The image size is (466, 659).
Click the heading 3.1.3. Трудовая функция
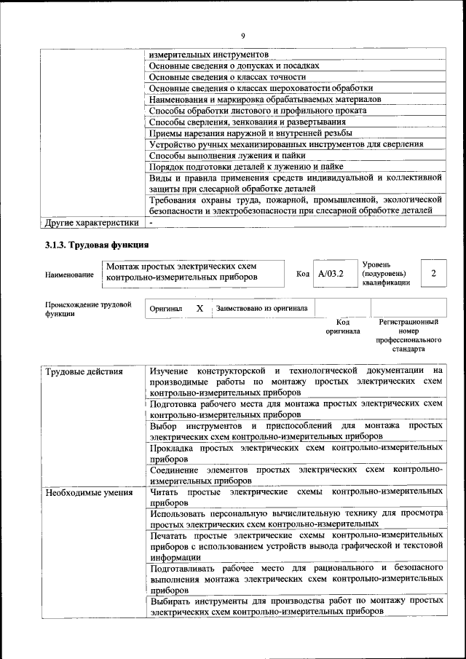[x=97, y=244]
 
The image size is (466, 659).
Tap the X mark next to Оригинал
[x=200, y=309]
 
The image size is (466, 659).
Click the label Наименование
[x=69, y=275]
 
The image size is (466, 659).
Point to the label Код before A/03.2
[x=303, y=274]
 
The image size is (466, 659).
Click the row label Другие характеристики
[x=91, y=222]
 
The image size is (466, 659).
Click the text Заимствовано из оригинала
[x=261, y=309]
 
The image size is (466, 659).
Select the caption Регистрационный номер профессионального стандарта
[x=408, y=335]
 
